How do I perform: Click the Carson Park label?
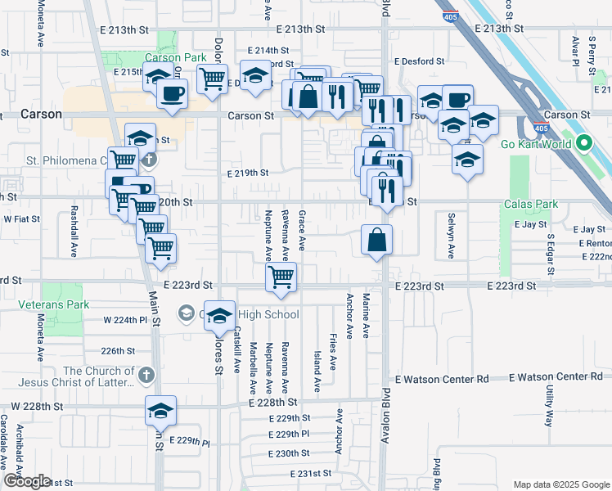[176, 58]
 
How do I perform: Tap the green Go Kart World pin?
[583, 145]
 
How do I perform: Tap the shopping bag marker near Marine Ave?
[377, 241]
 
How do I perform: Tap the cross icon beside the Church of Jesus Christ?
[146, 376]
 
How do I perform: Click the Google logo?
[27, 481]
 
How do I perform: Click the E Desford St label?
[419, 61]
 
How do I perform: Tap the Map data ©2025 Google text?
[560, 484]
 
